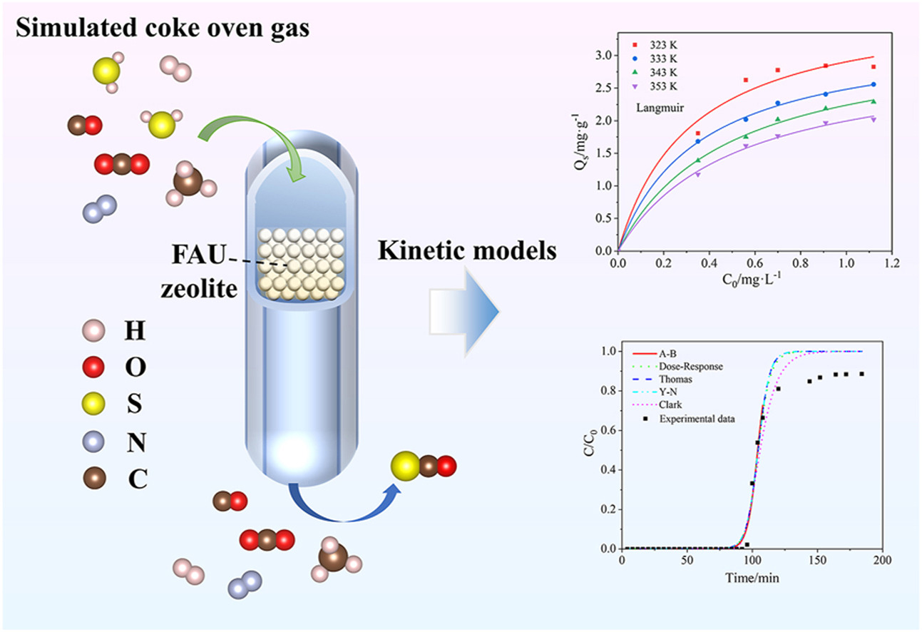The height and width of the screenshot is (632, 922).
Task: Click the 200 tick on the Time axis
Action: [x=882, y=561]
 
